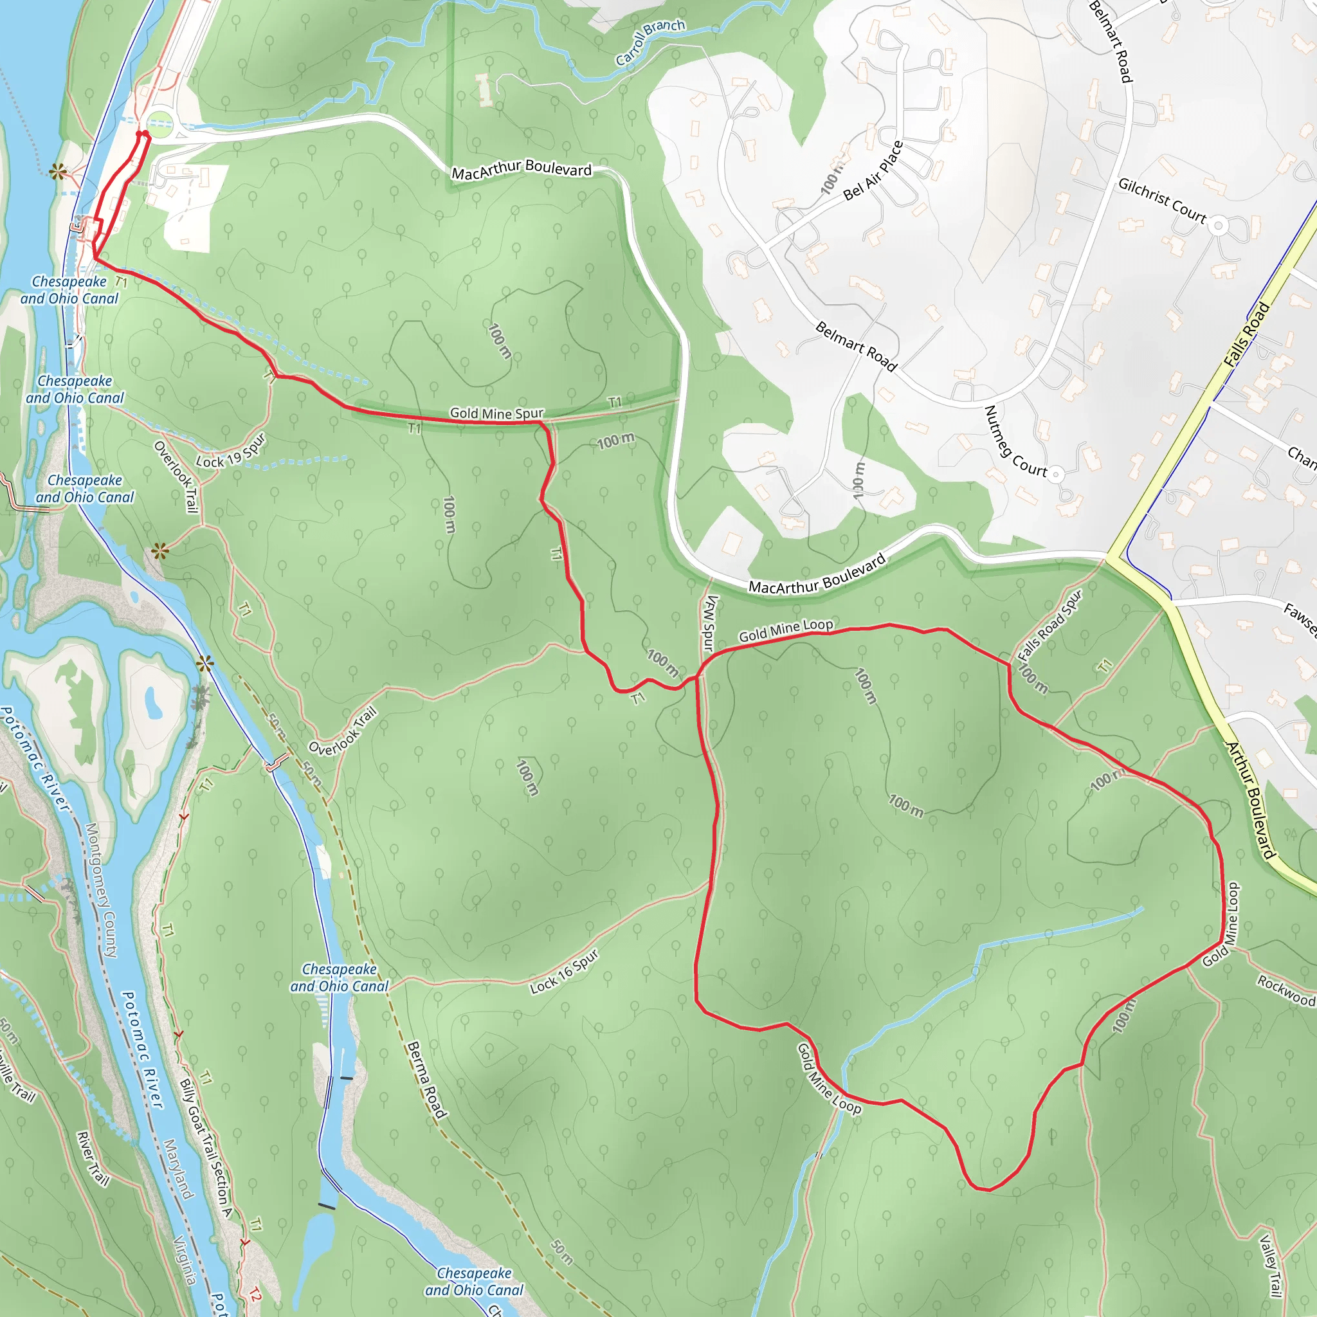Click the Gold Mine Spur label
point(496,413)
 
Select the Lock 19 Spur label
point(230,451)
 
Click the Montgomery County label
point(101,890)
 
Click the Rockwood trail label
point(1285,990)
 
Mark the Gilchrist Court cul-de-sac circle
point(1219,226)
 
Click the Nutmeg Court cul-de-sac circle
point(1056,474)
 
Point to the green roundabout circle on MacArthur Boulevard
point(160,127)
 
